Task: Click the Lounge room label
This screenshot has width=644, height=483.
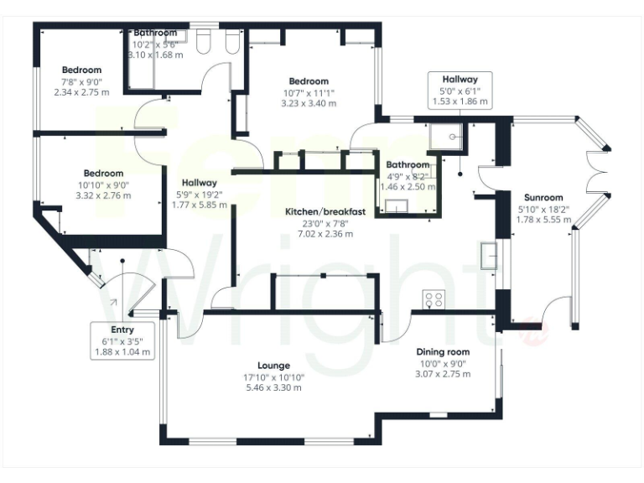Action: (x=274, y=366)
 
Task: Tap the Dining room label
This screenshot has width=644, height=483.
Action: (x=442, y=352)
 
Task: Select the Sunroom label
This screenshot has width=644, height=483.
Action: (x=543, y=198)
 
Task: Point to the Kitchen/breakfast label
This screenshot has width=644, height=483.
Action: (x=324, y=212)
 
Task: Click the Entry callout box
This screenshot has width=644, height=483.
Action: (x=122, y=341)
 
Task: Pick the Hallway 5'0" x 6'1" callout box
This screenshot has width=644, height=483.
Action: (x=460, y=89)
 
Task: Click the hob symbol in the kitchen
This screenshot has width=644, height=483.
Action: (x=434, y=299)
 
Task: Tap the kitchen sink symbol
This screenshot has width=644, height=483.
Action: (x=488, y=255)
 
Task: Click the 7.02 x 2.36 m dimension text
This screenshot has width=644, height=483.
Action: (x=324, y=234)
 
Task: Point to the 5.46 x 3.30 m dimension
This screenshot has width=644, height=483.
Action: (x=274, y=388)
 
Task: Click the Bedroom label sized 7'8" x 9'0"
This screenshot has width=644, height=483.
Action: (x=81, y=70)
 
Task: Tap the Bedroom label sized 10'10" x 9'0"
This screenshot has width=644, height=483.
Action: (x=103, y=174)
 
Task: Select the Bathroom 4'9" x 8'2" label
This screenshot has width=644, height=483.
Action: (x=408, y=165)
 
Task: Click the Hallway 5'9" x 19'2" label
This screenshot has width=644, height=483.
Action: (x=200, y=183)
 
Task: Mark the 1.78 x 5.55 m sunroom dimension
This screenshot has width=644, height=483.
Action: (x=543, y=220)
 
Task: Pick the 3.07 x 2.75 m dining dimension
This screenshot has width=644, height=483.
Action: (x=442, y=375)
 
